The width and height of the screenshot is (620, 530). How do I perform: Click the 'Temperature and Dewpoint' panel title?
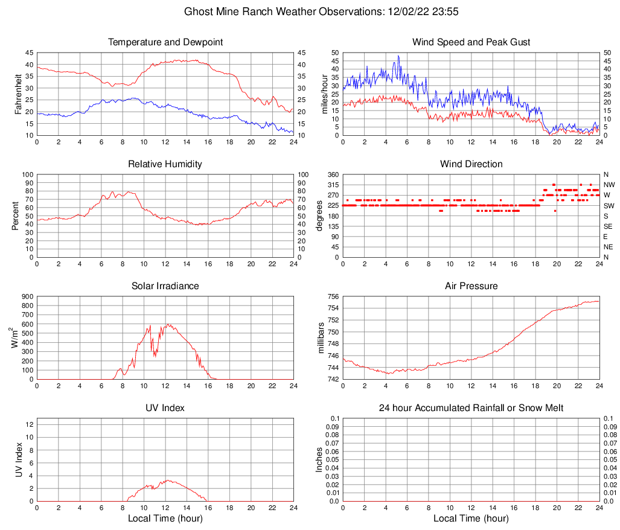[x=165, y=42]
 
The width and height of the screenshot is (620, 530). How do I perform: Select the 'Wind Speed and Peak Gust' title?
[x=471, y=42]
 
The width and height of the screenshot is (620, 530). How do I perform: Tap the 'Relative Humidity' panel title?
[x=165, y=164]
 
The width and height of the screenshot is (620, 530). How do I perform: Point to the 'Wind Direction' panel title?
[x=471, y=164]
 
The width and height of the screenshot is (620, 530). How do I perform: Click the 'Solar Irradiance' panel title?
[x=165, y=286]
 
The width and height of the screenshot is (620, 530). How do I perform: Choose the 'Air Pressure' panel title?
[x=471, y=286]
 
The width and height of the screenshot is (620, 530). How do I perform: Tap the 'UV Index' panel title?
[x=165, y=408]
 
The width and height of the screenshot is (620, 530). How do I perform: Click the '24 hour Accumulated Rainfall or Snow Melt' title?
[x=471, y=408]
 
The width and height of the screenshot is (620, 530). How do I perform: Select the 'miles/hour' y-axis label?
[x=324, y=94]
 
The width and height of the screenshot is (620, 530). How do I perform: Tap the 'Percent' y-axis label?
[x=16, y=216]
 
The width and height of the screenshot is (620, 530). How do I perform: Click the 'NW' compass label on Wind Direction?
[x=609, y=185]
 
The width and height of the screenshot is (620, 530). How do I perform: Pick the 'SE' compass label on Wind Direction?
[x=608, y=226]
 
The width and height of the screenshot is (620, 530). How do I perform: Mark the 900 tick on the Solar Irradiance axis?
[x=27, y=297]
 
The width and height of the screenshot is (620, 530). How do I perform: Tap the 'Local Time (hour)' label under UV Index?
[x=165, y=519]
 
